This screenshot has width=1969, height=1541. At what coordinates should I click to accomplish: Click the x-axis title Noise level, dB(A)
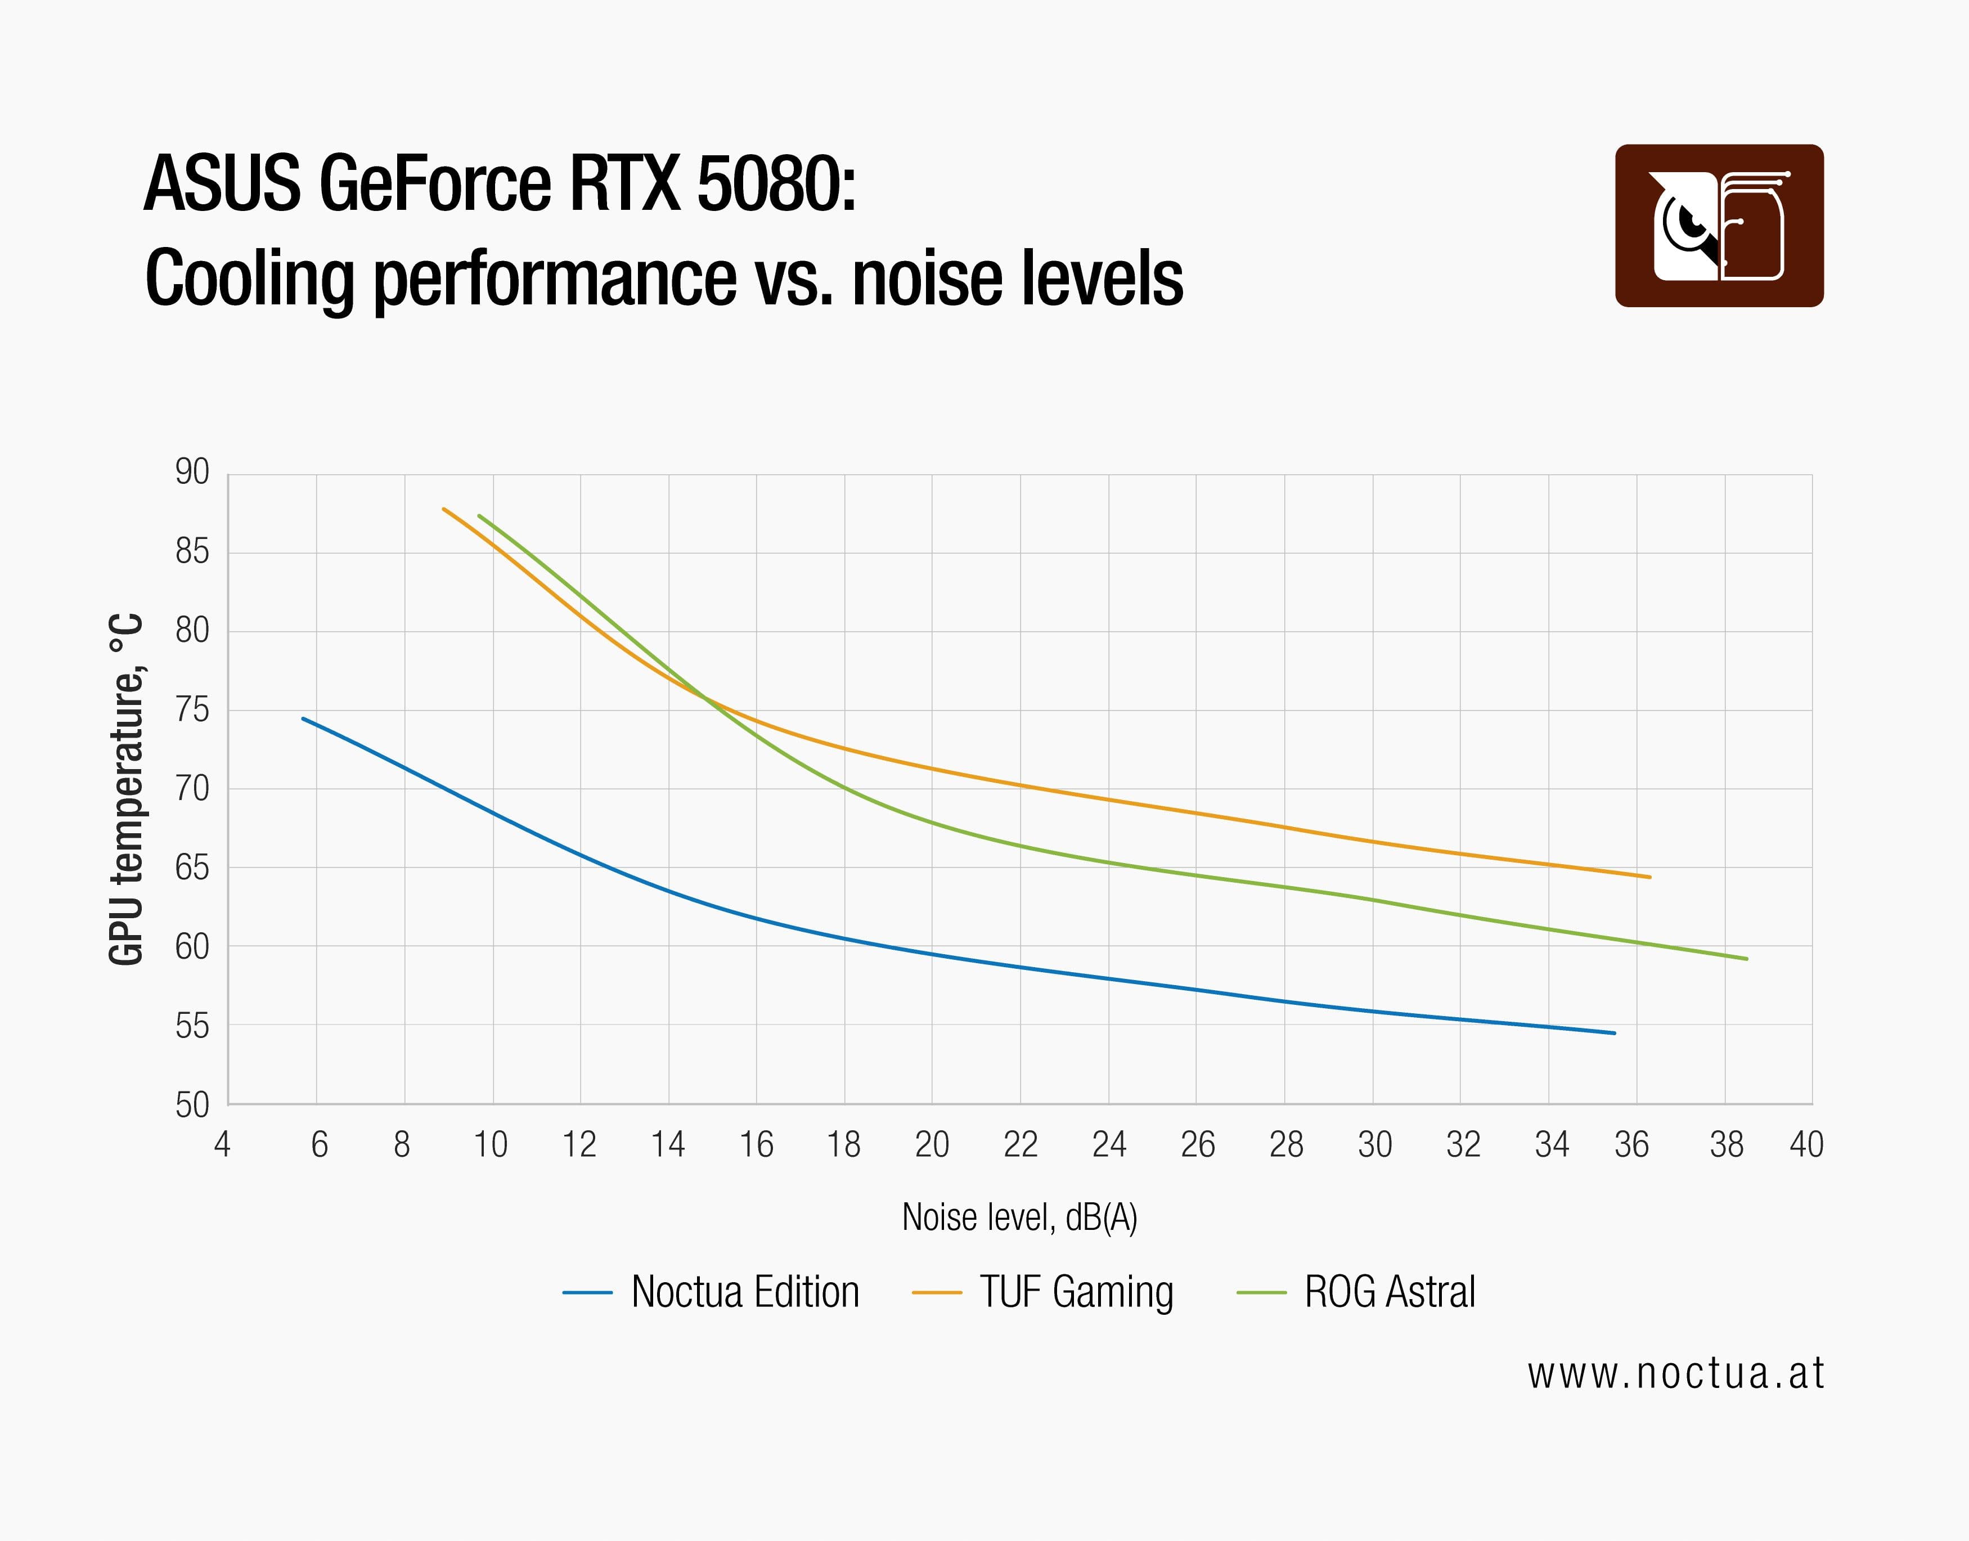[1019, 1217]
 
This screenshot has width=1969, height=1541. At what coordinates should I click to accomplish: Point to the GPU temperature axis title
[126, 789]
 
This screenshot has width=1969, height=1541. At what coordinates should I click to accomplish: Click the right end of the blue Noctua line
[1613, 1033]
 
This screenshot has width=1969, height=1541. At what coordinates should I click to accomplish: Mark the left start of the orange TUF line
[444, 509]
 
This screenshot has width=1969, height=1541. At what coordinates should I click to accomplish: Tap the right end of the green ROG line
[1746, 958]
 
